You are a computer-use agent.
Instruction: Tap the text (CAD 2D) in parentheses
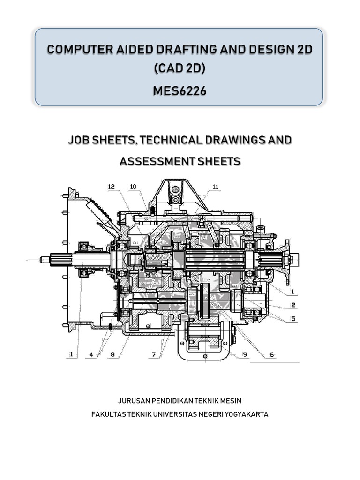coord(180,69)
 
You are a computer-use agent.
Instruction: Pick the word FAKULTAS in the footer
coord(107,414)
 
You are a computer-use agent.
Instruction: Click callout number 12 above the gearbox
coord(111,187)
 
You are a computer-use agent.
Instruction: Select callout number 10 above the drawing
coord(133,187)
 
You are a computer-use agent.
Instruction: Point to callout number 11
coord(215,187)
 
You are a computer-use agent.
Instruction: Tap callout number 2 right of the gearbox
coord(292,305)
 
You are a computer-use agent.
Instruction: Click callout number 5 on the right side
coord(292,319)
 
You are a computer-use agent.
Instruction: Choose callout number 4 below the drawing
coord(92,355)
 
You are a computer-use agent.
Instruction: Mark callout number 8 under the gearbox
coord(112,355)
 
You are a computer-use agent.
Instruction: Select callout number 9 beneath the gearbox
coord(245,355)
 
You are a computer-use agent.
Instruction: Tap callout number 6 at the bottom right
coord(271,355)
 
